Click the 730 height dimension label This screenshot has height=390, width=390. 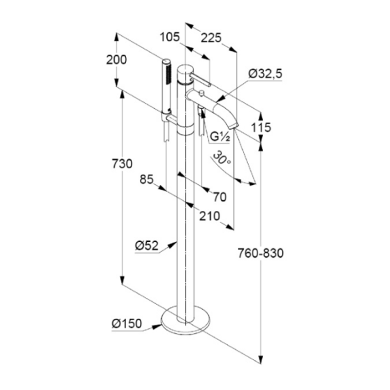coord(122,164)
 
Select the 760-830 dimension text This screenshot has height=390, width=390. coord(261,253)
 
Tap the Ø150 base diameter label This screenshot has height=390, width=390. coord(127,324)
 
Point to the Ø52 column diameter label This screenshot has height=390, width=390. coord(147,246)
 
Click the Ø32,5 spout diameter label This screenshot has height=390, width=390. coord(265,74)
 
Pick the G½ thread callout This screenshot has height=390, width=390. coord(220,136)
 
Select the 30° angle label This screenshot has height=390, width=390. coord(222,158)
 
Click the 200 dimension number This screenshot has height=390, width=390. coord(117,60)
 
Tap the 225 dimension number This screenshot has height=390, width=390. coord(211,38)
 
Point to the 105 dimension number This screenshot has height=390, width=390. coord(169,38)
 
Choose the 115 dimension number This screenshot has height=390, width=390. coord(261,128)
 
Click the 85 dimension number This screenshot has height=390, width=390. coord(147,179)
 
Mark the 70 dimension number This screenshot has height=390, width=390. coord(220,197)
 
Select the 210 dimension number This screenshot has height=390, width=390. coord(210,216)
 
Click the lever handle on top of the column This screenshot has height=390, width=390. coord(200,79)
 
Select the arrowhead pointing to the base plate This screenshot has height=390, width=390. coord(157,327)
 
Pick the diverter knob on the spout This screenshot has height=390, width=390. coord(201,93)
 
